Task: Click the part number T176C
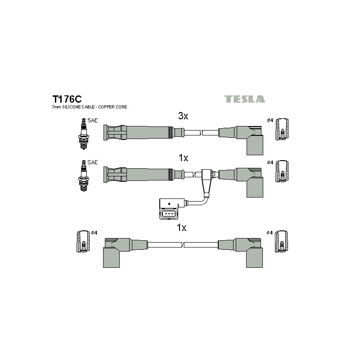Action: point(67,99)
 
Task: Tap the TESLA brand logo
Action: point(244,99)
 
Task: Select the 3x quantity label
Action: point(183,116)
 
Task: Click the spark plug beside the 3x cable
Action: point(84,134)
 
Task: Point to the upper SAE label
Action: point(93,120)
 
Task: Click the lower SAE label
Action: point(93,162)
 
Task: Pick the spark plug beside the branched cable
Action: point(84,176)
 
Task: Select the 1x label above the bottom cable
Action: point(181,228)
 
